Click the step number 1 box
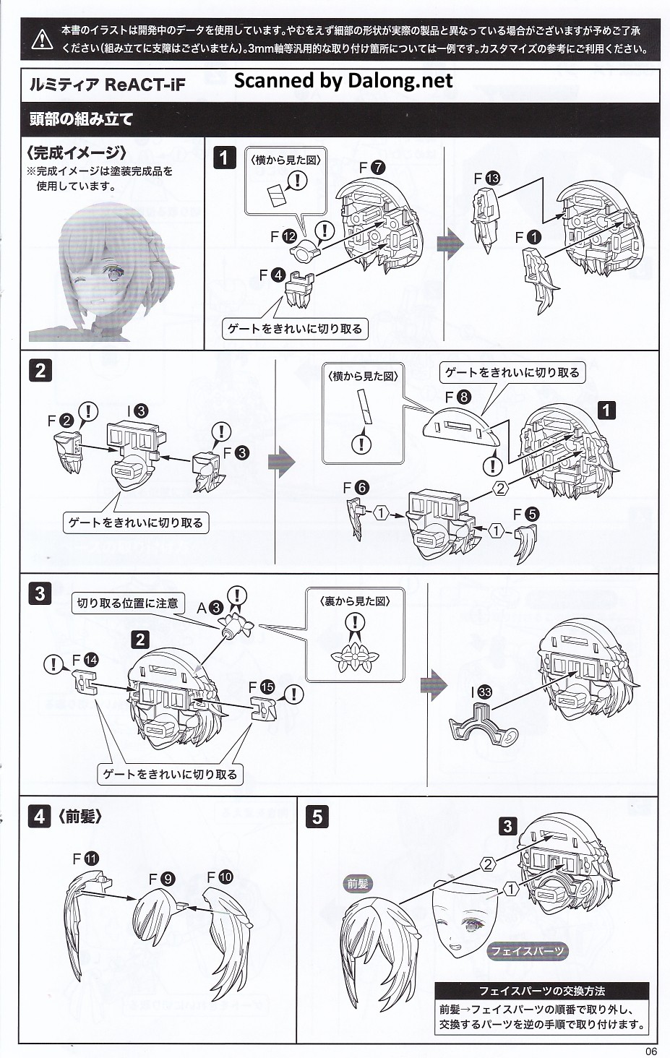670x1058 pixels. pos(225,158)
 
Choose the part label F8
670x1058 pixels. pos(458,397)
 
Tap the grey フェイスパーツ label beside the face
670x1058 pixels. pos(526,951)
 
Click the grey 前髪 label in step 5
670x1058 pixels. pos(358,883)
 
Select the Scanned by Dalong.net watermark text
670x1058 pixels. pos(343,81)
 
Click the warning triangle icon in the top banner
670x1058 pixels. pos(42,39)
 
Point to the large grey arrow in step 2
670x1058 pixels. pos(281,460)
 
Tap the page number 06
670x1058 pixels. pos(651,1051)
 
